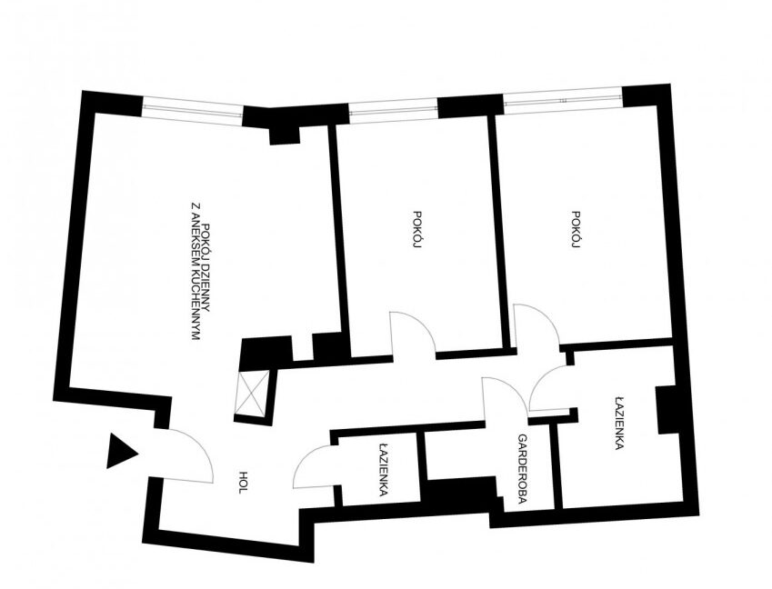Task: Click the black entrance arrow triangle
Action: pos(120,451)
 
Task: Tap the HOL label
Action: pos(242,483)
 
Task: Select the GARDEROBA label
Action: pos(522,467)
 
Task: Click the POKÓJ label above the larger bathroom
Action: pos(576,229)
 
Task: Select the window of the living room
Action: pos(192,108)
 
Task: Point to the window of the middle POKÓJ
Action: pos(393,110)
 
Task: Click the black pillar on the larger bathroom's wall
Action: pos(667,410)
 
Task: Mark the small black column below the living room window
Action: pos(285,135)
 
